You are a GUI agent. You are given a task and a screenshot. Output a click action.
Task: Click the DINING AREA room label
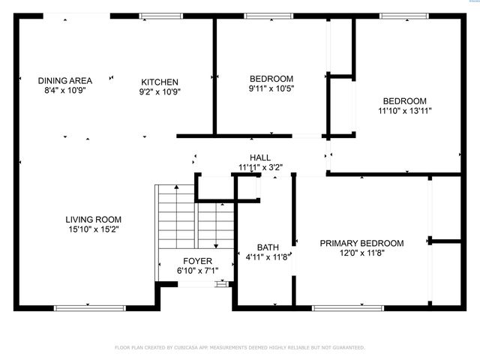point(65,81)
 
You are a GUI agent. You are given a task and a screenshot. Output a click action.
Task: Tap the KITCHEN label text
point(160,82)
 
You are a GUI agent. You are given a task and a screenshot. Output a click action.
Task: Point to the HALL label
point(260,157)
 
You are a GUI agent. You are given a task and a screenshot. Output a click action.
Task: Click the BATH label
point(268,247)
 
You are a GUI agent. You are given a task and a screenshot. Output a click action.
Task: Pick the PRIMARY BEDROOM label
point(361,243)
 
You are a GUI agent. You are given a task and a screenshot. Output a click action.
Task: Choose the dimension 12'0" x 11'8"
point(361,253)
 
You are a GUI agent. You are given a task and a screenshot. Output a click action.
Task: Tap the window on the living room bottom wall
point(90,307)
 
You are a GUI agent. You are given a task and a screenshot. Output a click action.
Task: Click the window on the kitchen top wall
point(161,16)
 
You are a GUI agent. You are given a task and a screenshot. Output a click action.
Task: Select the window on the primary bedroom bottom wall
point(342,307)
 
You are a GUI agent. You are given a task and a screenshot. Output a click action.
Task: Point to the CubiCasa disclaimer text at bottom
point(240,347)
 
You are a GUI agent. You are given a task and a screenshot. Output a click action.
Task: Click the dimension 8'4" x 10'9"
point(65,91)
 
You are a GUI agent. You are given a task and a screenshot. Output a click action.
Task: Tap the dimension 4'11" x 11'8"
point(268,257)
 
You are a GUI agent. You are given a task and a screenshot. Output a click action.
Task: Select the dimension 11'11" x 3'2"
point(260,167)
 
